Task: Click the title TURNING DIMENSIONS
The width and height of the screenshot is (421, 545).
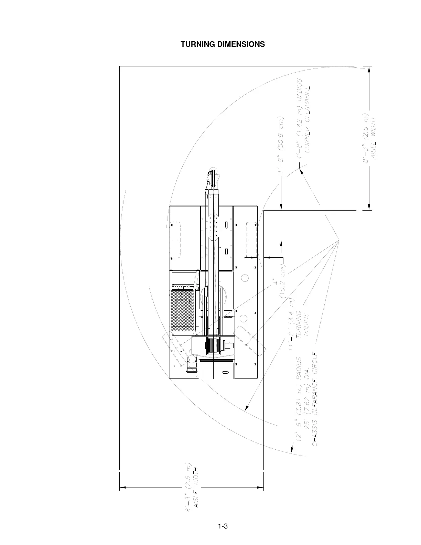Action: (x=223, y=44)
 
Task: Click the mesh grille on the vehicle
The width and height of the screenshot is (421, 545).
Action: (x=183, y=309)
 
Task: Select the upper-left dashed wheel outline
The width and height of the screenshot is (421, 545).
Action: (x=175, y=240)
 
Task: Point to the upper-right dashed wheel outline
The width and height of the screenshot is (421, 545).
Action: (x=251, y=240)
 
